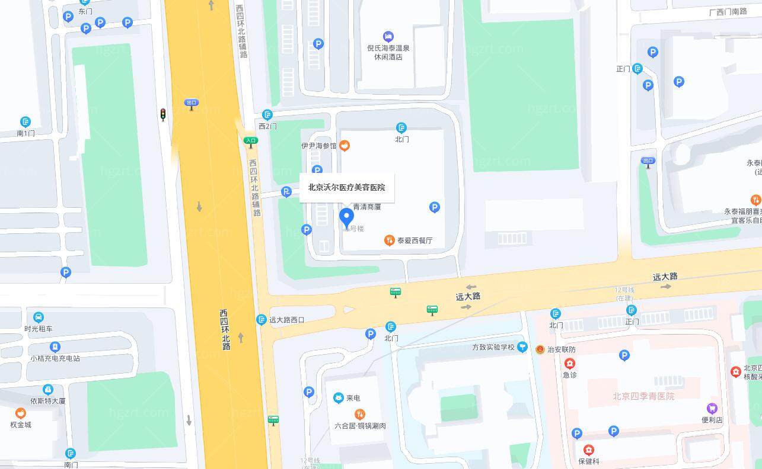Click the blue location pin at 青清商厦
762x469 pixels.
pos(346,217)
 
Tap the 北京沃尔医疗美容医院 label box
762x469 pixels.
pos(346,188)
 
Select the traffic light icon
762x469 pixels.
pos(163,114)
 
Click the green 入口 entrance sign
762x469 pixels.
pos(251,141)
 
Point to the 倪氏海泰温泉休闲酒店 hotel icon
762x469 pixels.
pos(388,37)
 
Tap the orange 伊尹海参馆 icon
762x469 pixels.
pos(344,145)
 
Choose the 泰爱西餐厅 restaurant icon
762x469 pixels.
pos(390,240)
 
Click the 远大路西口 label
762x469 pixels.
pos(286,320)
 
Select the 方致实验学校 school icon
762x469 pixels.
pos(522,347)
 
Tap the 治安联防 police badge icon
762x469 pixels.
pos(540,349)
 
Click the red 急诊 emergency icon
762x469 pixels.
pos(569,364)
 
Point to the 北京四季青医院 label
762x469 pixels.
pos(643,396)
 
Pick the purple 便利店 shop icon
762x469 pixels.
pos(712,408)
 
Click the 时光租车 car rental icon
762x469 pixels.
pos(39,317)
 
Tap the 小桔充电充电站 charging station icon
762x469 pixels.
pos(55,346)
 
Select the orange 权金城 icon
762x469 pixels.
pos(21,413)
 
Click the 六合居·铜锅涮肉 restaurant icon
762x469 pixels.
pos(359,414)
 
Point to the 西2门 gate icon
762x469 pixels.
pos(268,114)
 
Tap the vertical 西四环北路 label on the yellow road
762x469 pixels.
pos(225,329)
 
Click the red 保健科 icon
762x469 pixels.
pos(588,450)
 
